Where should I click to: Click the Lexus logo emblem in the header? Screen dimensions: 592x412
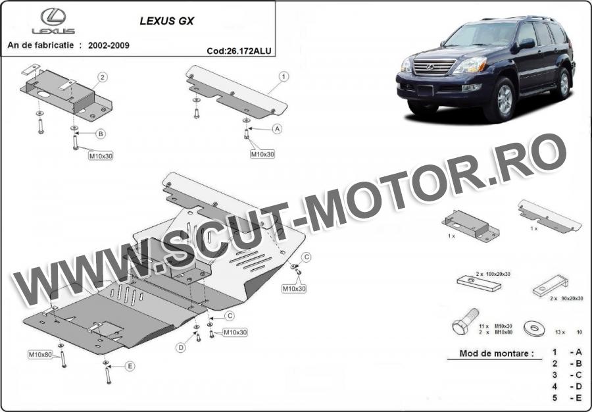53,17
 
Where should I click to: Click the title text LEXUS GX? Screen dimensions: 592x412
167,21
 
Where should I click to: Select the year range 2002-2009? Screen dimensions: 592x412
109,45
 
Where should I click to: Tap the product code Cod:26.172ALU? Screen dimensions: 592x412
239,51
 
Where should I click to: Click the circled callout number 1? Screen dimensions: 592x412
284,76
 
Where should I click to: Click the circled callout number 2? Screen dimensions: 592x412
103,78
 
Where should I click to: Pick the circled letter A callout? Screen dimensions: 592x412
278,129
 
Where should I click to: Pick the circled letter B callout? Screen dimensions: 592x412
101,134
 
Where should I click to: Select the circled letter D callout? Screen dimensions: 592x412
182,348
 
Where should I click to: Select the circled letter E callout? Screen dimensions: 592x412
130,366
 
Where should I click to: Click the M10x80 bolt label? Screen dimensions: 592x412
40,355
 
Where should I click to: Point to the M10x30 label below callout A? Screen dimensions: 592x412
262,154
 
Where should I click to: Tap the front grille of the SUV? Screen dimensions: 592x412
435,67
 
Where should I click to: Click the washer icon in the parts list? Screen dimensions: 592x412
534,328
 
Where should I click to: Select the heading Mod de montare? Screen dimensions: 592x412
497,354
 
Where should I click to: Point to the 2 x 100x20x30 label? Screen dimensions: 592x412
493,274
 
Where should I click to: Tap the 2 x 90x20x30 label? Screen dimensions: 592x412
566,298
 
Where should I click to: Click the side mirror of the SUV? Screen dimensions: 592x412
526,43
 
